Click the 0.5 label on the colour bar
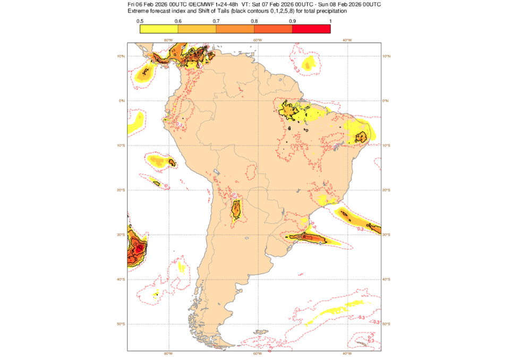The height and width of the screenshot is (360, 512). pos(139,21)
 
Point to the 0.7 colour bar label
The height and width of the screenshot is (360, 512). pos(216,21)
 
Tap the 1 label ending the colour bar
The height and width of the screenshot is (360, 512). pos(330,21)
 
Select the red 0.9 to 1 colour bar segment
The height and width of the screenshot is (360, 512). pos(311,29)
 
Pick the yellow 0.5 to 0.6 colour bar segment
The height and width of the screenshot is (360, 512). pos(159,29)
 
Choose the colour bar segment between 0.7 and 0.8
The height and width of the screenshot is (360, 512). pos(235,29)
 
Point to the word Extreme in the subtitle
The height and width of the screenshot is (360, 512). pos(139,11)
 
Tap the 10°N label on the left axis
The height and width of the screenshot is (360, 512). pos(121,56)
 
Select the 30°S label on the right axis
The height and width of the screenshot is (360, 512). pos(386,235)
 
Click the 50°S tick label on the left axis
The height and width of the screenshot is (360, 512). pos(121,324)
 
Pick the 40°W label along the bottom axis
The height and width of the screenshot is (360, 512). pos(347,354)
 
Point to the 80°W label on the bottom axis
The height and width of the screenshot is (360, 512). pos(168,354)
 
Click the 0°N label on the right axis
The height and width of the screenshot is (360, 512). pos(386,101)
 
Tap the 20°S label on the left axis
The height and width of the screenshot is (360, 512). pos(121,190)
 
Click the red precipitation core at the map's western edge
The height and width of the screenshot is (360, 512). pos(139,247)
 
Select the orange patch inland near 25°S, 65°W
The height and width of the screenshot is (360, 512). pos(235,211)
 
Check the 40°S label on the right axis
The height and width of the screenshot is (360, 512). pos(386,279)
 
